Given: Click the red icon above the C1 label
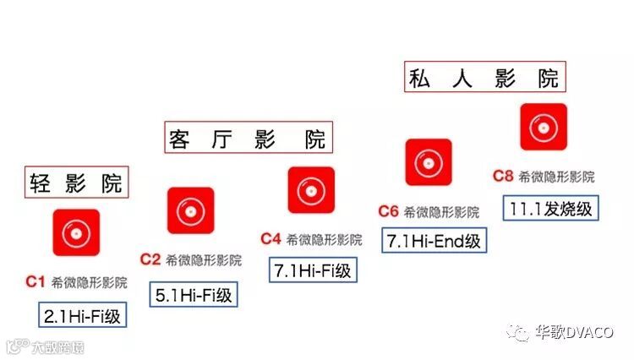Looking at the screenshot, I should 76,232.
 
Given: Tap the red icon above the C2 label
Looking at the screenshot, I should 190,210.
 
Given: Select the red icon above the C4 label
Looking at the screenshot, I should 311,190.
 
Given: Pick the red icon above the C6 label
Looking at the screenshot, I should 428,162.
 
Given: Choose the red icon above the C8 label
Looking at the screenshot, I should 543,127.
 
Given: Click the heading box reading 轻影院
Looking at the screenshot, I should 76,182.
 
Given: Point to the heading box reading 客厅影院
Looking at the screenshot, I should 247,138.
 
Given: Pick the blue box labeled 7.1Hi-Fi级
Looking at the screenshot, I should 312,270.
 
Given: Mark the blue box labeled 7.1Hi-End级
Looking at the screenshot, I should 434,240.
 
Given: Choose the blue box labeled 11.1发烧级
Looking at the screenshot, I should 548,207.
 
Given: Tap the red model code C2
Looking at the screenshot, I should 150,259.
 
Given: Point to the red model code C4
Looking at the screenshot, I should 271,238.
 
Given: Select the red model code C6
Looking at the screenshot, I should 388,210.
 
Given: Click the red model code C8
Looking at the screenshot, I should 503,176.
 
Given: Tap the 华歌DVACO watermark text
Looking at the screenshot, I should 577,331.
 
